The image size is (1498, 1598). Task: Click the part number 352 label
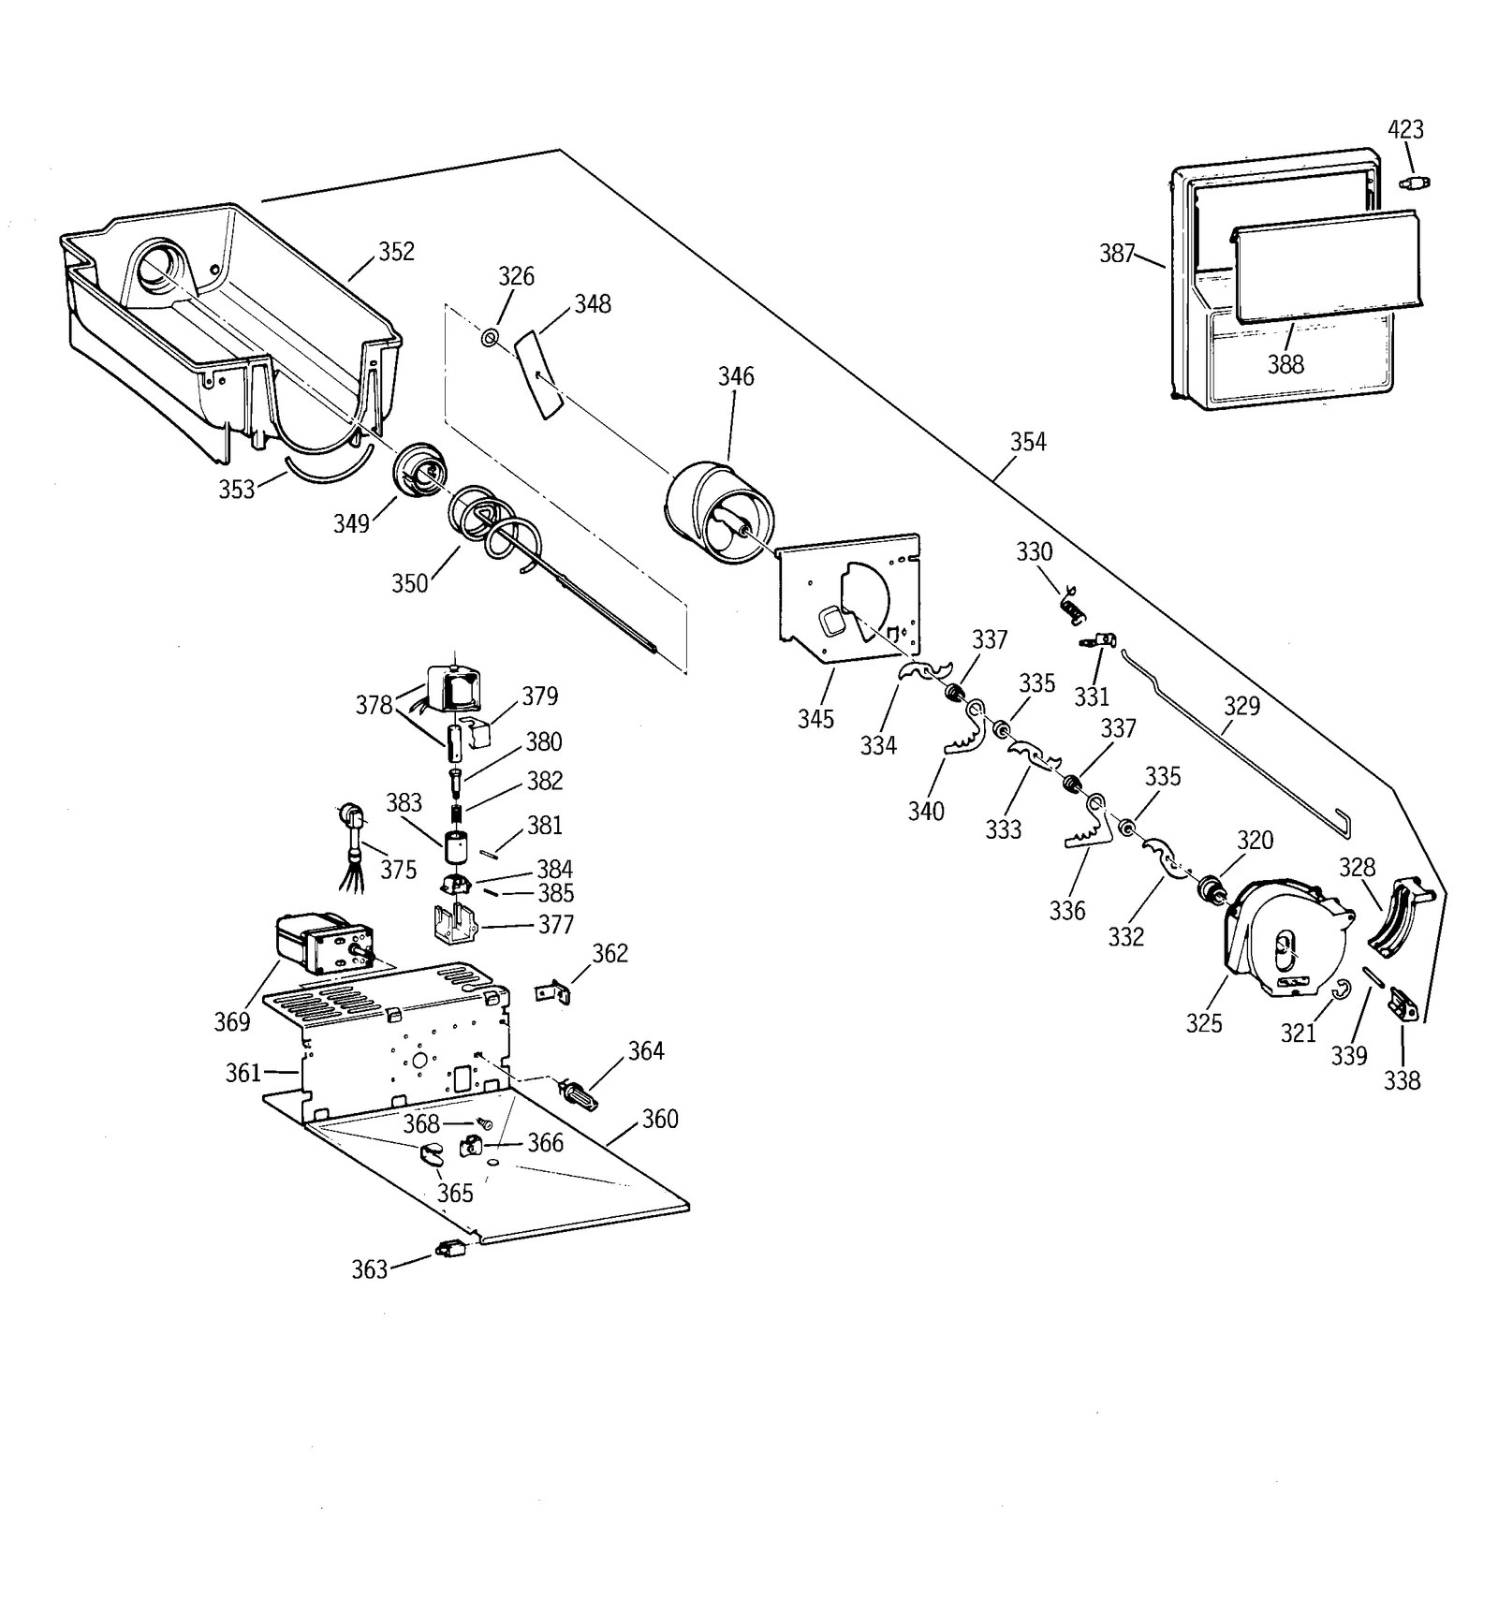coord(396,252)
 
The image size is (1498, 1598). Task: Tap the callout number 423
coord(1405,129)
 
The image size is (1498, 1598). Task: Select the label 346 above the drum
coord(736,376)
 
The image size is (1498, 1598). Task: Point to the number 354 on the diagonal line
coord(1028,442)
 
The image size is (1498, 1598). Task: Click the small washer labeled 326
coord(490,337)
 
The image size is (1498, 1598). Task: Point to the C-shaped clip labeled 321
coord(1340,989)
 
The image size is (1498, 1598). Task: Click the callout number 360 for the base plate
coord(660,1119)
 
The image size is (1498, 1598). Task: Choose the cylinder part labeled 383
coord(455,848)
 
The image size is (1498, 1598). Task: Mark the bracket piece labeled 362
coord(553,991)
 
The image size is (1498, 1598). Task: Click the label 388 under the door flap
coord(1285,364)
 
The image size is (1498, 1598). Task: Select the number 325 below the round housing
coord(1204,1023)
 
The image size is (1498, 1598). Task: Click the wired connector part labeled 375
coord(355,837)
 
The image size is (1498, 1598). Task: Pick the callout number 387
coord(1117,254)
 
